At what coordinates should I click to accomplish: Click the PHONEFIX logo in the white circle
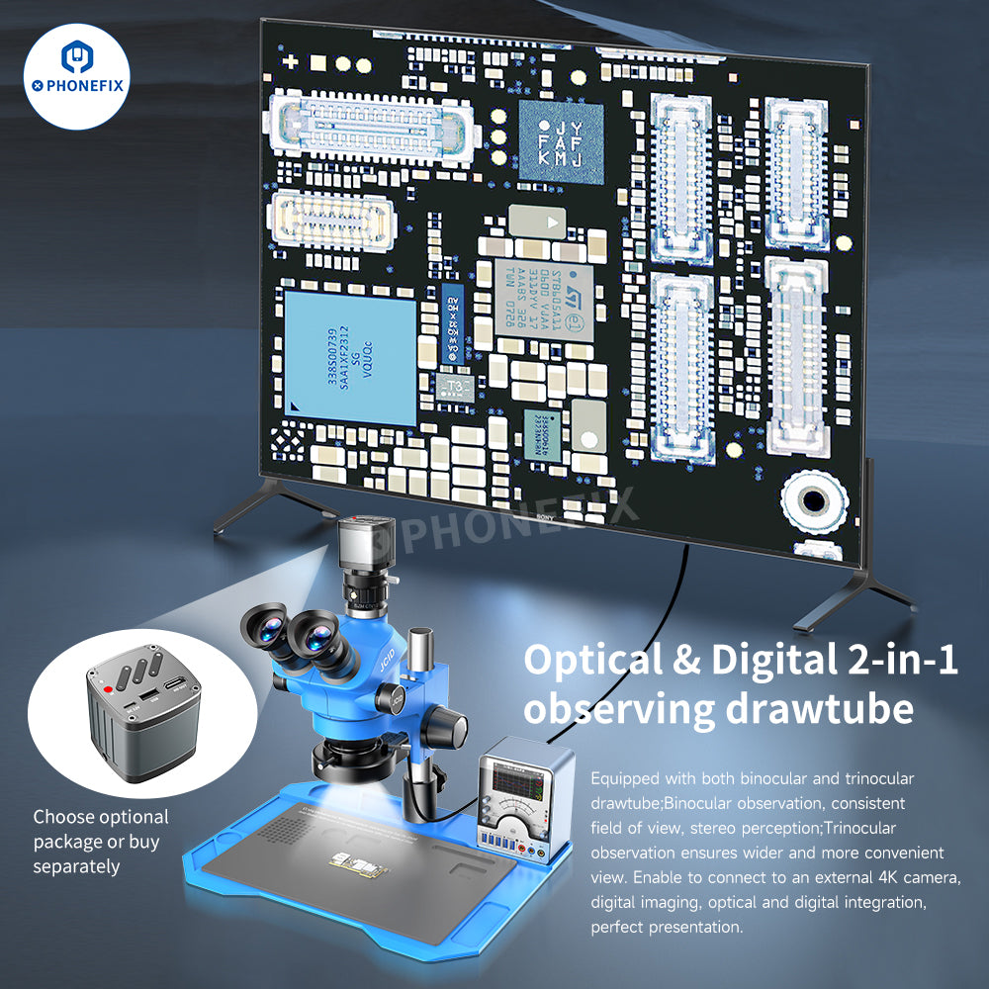pyautogui.click(x=77, y=79)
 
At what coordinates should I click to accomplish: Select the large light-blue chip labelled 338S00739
pyautogui.click(x=349, y=356)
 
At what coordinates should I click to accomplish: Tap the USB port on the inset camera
pyautogui.click(x=173, y=683)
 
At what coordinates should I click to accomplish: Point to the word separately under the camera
pyautogui.click(x=77, y=866)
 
